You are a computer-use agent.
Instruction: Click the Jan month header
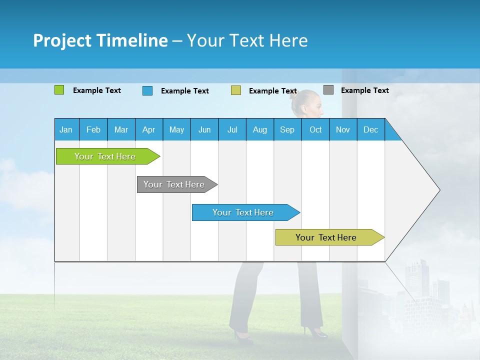[x=66, y=129]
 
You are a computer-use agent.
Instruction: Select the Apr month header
[x=148, y=129]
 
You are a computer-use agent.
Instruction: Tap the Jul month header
[x=232, y=129]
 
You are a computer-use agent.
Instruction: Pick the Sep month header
[x=287, y=129]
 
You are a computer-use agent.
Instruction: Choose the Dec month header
[x=370, y=129]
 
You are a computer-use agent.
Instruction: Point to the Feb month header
[x=93, y=129]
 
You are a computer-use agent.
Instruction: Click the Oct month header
[x=315, y=129]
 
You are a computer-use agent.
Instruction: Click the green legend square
[x=59, y=90]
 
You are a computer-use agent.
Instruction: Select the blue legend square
[x=147, y=90]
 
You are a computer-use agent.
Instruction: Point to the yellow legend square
[x=235, y=90]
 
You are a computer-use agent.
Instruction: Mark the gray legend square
[x=328, y=90]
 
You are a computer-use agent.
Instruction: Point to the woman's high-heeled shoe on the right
[x=315, y=331]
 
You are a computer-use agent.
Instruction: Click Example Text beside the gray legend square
[x=364, y=90]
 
